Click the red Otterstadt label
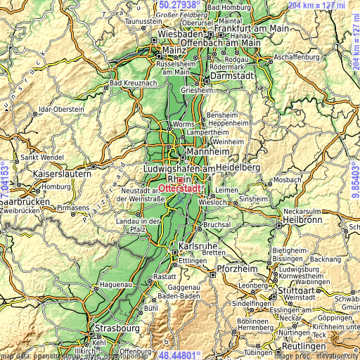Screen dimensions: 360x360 coord(181,188)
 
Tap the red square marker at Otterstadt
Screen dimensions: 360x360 coord(180,180)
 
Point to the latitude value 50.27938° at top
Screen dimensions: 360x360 coord(179,4)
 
